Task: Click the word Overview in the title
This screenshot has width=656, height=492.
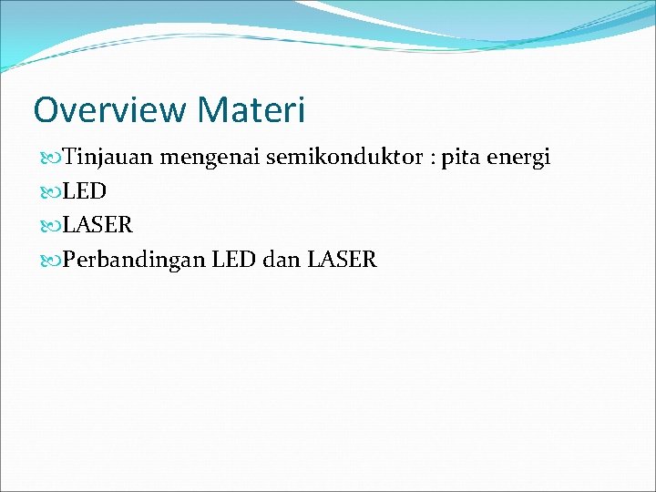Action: [109, 110]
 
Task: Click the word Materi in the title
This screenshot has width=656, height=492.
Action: [250, 110]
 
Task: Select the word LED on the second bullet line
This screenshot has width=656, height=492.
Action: [85, 191]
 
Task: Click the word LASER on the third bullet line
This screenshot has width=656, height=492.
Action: [97, 225]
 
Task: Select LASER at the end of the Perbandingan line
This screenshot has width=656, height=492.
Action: [342, 260]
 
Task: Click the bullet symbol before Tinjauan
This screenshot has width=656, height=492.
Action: [49, 159]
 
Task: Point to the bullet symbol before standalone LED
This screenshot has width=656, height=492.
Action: [49, 192]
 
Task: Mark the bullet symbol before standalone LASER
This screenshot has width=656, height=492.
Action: [49, 226]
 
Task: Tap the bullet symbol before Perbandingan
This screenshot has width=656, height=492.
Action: [49, 261]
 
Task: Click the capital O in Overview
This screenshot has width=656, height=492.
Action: [46, 110]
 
